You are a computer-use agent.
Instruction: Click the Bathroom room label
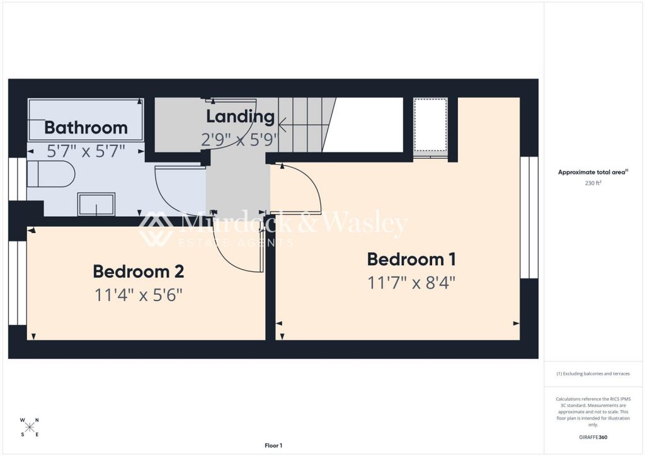click(x=86, y=127)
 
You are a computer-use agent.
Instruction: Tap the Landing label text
click(x=240, y=117)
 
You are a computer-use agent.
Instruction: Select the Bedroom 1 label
click(x=411, y=259)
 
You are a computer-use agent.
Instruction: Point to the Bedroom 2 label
click(x=138, y=271)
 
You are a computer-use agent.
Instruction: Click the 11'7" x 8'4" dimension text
click(x=411, y=283)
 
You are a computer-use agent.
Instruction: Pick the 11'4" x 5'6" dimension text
click(x=138, y=295)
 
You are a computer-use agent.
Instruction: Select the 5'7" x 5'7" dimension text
click(x=86, y=151)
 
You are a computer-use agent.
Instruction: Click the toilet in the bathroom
click(x=51, y=174)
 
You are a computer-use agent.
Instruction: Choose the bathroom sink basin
click(x=96, y=204)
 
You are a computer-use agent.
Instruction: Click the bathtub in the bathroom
click(x=86, y=120)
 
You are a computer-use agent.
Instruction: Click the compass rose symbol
click(x=29, y=427)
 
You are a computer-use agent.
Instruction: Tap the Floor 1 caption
click(x=273, y=445)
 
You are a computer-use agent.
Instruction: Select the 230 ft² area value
click(x=593, y=183)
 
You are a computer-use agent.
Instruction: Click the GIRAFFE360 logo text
click(x=593, y=437)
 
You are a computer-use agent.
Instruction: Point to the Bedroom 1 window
click(x=529, y=217)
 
